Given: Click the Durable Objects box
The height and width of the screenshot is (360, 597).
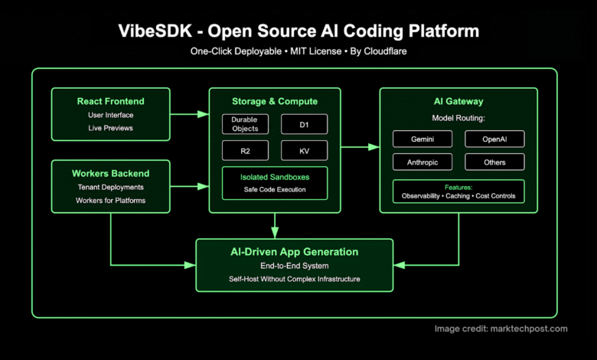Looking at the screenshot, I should click(245, 124).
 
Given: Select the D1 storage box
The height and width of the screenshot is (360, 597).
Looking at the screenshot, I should click(304, 124).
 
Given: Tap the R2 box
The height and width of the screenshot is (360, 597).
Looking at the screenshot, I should click(245, 150).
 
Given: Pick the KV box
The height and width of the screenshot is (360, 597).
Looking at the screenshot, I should click(304, 150).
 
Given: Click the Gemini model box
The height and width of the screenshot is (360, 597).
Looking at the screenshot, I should click(422, 139).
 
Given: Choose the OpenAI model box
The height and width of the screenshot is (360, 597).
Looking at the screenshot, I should click(494, 139).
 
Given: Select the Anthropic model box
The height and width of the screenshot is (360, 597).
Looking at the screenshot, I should click(422, 162).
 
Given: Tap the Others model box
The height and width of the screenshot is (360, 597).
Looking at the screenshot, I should click(494, 162).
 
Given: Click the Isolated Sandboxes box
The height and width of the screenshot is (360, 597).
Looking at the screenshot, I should click(274, 183).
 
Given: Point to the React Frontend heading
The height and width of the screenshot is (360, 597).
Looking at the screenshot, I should click(110, 101).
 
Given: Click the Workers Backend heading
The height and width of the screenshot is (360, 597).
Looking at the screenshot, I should click(111, 173).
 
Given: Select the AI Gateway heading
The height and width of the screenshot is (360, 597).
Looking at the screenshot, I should click(458, 101).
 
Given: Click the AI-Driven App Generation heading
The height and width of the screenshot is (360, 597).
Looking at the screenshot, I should click(295, 251).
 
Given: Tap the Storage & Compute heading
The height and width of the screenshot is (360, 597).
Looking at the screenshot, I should click(274, 101).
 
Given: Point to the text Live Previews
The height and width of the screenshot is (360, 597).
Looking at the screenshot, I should click(110, 128).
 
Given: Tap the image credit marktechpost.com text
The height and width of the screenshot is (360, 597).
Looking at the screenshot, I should click(501, 329).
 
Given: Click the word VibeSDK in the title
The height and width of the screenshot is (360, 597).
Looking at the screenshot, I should click(155, 31).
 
